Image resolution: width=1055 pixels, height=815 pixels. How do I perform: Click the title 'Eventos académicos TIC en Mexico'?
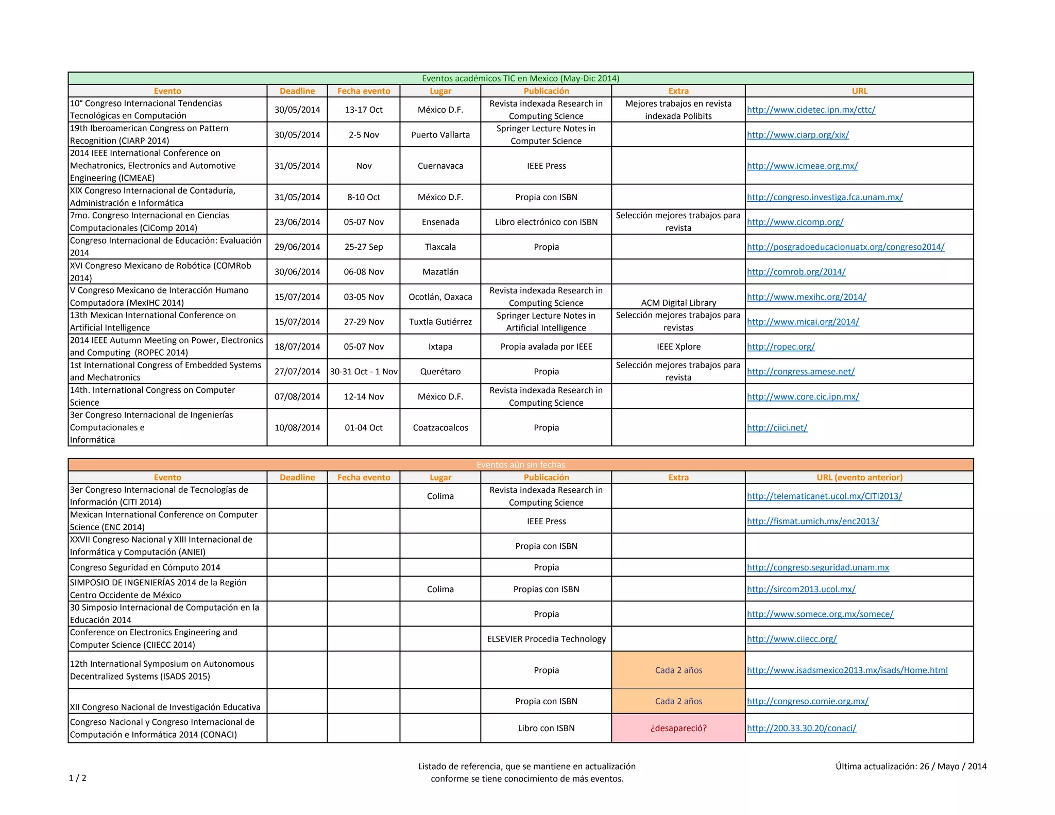tap(520, 78)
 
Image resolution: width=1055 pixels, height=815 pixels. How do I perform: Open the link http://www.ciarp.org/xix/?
tap(797, 135)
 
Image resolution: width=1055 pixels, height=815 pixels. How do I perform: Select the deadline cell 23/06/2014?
tap(297, 222)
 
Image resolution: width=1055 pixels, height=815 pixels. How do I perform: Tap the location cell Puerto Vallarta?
tap(440, 135)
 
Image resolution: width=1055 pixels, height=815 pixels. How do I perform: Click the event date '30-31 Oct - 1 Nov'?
tap(364, 371)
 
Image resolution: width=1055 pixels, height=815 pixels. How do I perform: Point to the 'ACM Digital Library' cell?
tap(678, 303)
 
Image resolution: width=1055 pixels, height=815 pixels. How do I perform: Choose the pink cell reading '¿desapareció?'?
tap(678, 728)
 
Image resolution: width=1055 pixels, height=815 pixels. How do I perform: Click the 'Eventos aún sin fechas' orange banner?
tap(520, 465)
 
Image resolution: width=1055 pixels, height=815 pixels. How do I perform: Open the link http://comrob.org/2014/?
tap(796, 272)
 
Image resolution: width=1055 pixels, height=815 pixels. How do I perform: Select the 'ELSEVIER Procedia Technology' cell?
tap(546, 639)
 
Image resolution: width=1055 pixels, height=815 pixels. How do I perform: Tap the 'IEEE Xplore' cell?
tap(678, 346)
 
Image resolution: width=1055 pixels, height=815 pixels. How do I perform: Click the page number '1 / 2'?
tap(78, 778)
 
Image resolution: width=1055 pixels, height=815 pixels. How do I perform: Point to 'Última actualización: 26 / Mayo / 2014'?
tap(911, 766)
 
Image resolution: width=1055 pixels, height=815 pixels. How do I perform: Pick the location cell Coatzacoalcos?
tap(440, 427)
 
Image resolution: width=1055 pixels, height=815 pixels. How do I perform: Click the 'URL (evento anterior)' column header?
tap(859, 477)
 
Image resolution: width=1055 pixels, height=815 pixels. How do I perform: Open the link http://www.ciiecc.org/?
tap(792, 639)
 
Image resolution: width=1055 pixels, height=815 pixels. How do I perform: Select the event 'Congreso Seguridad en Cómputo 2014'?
tap(145, 567)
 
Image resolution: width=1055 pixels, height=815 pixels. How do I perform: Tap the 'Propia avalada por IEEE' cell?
tap(546, 346)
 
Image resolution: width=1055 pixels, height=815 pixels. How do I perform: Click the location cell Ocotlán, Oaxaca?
tap(440, 297)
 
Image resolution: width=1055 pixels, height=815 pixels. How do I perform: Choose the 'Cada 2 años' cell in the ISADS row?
tap(678, 670)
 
